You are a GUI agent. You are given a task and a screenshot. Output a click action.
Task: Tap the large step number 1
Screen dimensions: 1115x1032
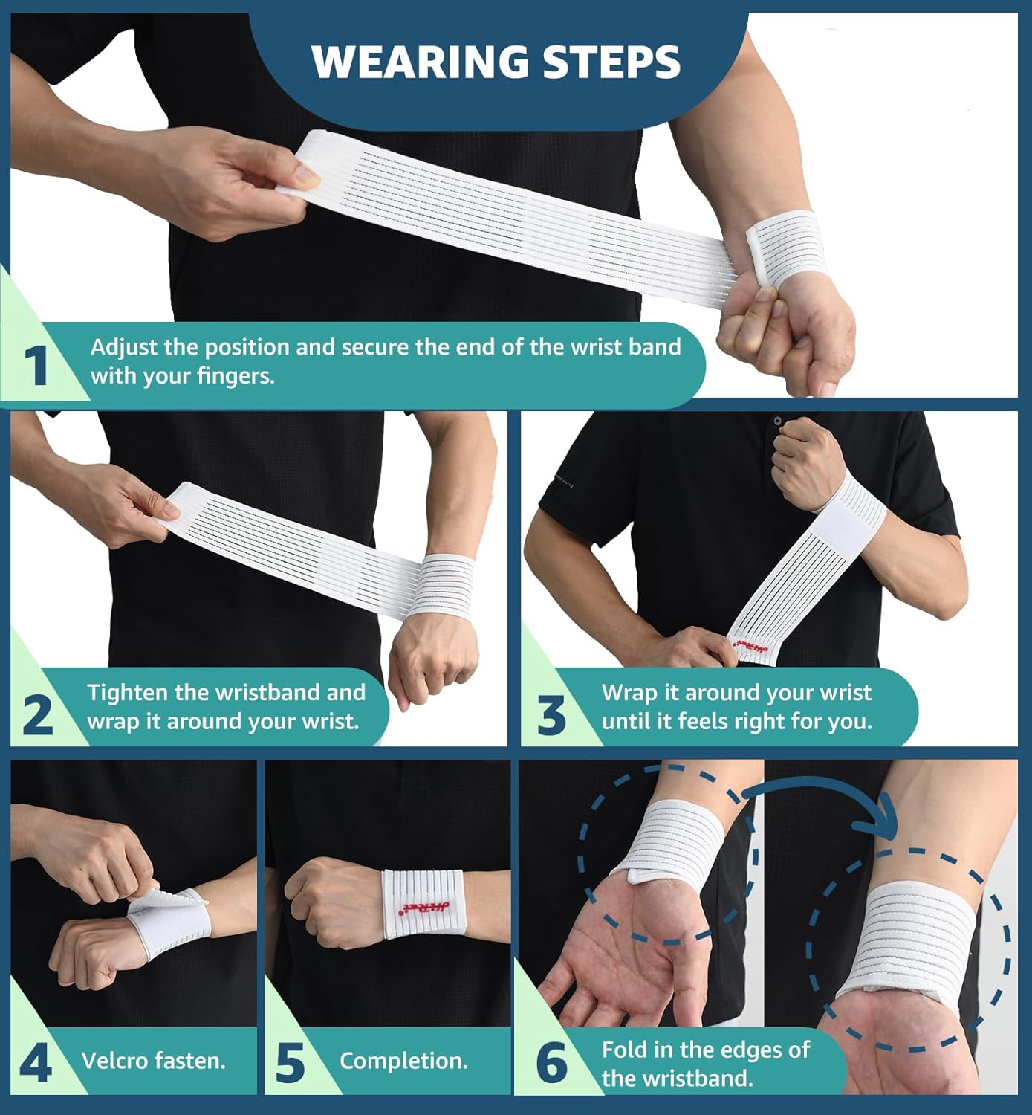[x=36, y=365]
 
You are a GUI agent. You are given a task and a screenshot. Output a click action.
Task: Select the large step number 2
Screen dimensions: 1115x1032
[x=37, y=714]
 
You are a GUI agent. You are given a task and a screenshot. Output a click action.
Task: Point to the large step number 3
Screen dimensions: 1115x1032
[x=551, y=715]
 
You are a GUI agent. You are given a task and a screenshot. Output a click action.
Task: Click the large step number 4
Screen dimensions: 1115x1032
[x=35, y=1063]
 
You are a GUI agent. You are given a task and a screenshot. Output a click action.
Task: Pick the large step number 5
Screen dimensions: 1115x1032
[x=291, y=1063]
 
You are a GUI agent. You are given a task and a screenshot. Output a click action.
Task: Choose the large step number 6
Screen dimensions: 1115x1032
[x=551, y=1063]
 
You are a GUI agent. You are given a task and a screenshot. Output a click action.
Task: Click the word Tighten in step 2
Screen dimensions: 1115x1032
[x=128, y=693]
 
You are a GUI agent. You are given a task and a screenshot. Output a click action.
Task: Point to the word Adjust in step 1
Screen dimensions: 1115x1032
[x=123, y=347]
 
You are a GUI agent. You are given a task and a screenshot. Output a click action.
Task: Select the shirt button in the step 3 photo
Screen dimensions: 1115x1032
[x=778, y=421]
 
